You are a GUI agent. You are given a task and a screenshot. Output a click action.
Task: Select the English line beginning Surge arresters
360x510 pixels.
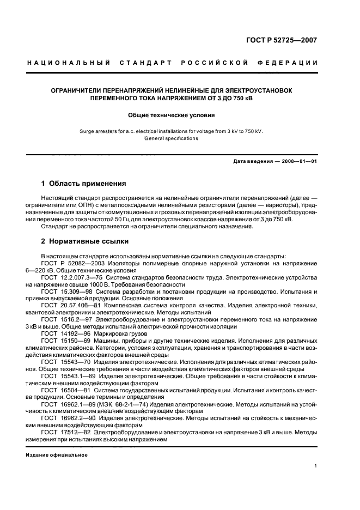tap(172, 131)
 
